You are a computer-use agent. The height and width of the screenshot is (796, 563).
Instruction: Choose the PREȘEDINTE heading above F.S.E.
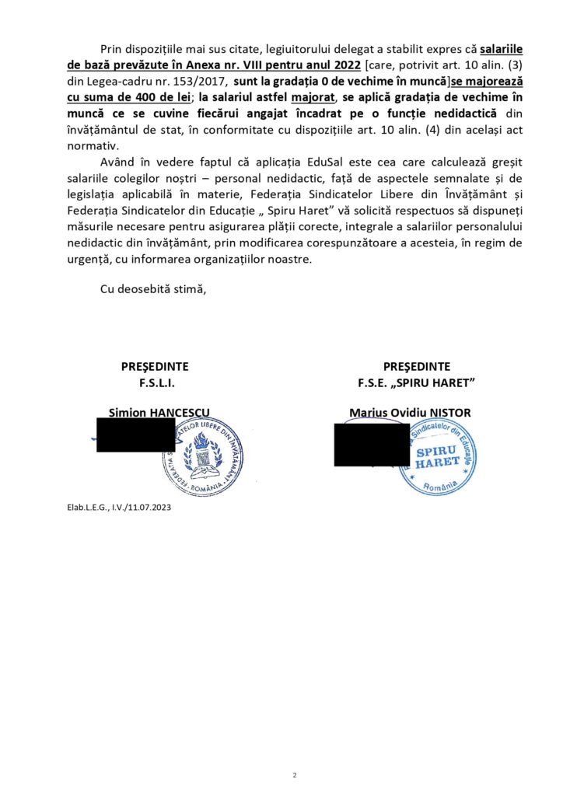416,367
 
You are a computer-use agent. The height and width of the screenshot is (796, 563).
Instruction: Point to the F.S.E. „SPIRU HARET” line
416,382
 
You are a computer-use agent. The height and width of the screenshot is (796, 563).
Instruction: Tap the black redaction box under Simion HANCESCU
135,435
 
